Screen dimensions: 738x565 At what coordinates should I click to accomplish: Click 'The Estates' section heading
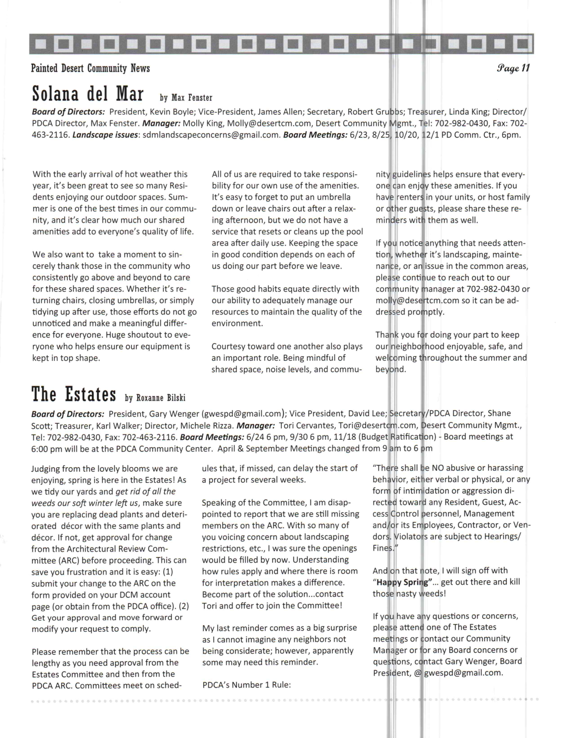[x=74, y=394]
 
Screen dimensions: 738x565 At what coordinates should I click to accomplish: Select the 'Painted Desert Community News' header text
[x=90, y=68]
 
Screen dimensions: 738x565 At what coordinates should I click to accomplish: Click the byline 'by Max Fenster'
[x=186, y=97]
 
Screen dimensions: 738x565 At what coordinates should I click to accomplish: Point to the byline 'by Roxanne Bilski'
[x=155, y=398]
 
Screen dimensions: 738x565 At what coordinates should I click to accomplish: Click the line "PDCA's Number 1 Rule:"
[x=246, y=685]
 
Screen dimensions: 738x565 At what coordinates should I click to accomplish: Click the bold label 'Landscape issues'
[x=105, y=135]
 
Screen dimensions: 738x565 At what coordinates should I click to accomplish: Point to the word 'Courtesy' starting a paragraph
[x=229, y=346]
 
